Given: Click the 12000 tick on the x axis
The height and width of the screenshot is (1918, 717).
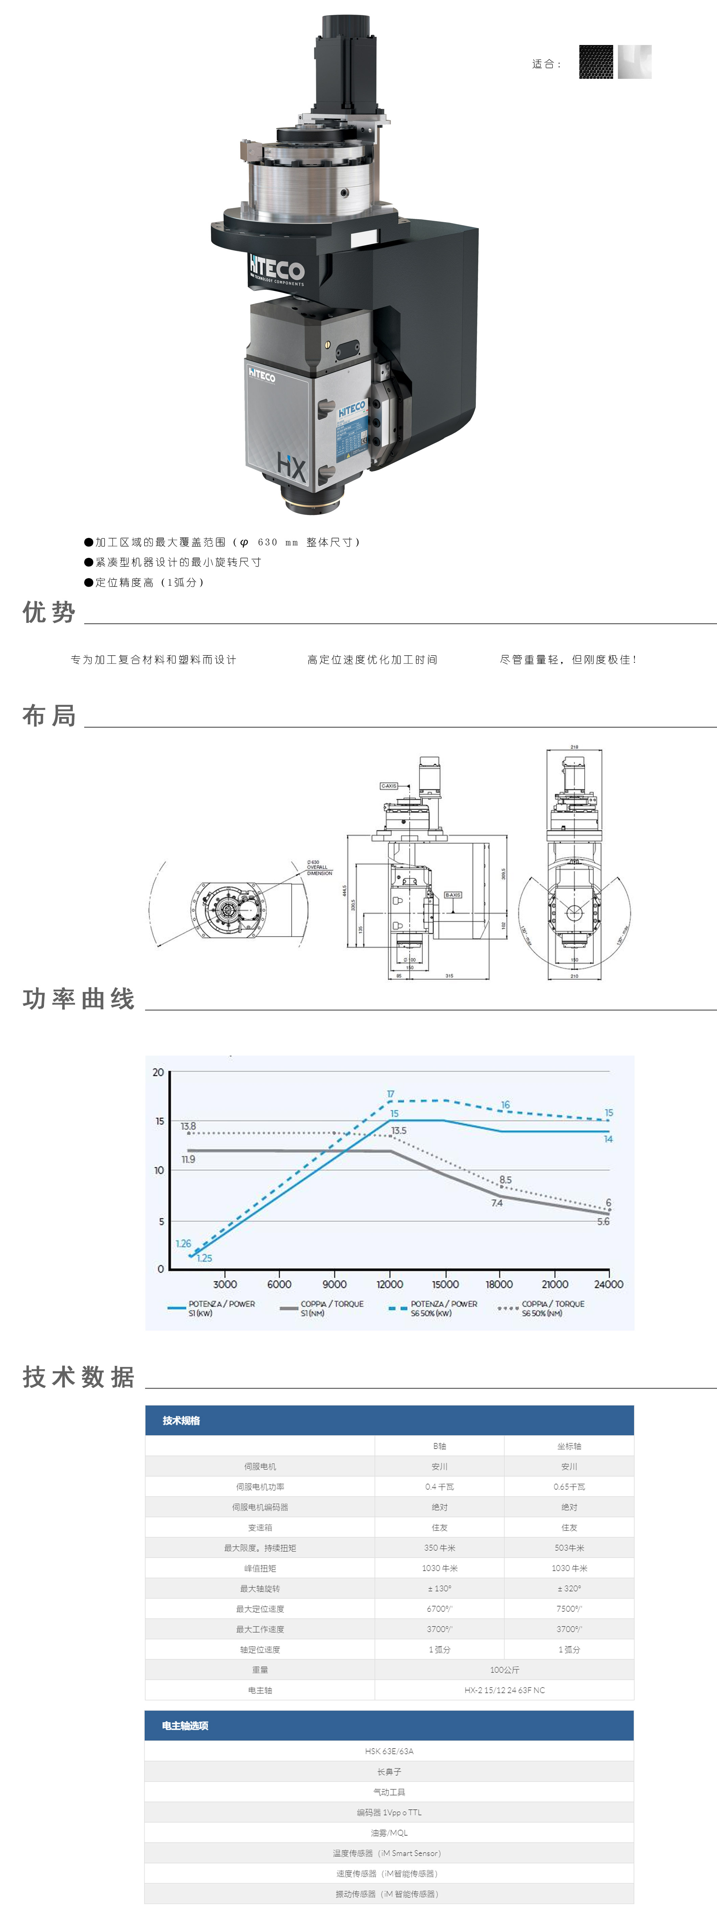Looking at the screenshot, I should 389,1284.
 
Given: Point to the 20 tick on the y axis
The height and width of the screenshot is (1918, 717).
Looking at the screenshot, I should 158,1072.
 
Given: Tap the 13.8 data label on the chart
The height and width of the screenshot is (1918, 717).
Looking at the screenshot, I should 188,1126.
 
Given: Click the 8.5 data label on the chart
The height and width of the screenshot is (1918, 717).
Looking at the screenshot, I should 506,1179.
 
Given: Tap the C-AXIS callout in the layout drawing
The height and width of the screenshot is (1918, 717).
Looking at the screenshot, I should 389,786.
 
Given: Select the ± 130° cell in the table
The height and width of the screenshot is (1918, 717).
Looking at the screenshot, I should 439,1588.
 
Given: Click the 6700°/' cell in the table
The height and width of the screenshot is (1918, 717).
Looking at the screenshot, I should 439,1608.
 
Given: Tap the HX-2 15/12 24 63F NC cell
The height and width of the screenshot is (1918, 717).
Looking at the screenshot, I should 504,1690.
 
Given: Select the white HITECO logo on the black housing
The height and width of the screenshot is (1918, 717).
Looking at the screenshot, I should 277,270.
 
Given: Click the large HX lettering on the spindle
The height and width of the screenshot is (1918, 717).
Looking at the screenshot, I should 291,467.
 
